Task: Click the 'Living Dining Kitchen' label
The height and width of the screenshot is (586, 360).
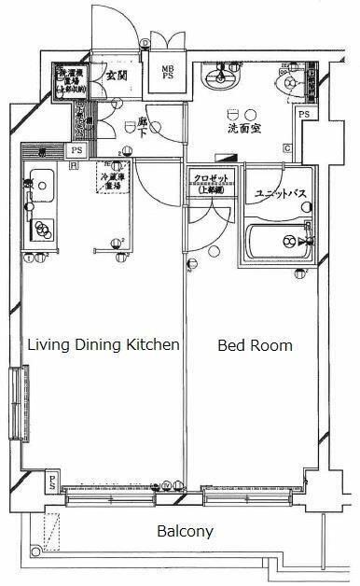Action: pos(103,345)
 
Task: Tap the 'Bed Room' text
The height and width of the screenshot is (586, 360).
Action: pos(255,345)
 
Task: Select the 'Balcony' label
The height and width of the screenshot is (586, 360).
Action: pos(185,532)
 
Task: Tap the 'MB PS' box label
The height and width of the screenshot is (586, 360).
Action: pos(167,73)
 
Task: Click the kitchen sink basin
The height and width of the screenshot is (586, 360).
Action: pos(39,182)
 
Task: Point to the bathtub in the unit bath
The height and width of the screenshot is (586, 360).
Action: pos(276,241)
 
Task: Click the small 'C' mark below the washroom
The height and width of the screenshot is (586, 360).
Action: pos(287,148)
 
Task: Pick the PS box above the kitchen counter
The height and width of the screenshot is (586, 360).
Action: pos(76,149)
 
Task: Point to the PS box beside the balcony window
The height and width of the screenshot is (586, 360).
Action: pos(52,484)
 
